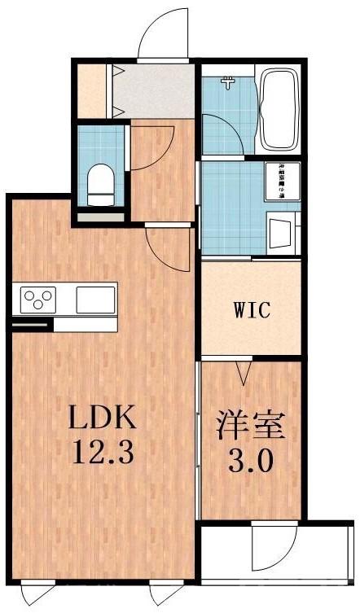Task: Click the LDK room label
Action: coord(99,419)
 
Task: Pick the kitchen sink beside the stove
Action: coord(96,300)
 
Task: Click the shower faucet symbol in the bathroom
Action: coord(229,82)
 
